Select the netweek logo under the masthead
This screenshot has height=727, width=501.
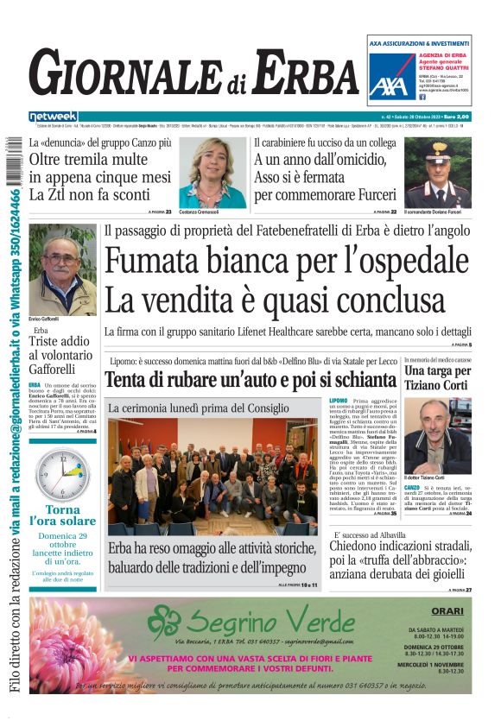[x=53, y=116]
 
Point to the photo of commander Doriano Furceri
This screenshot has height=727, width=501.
[x=438, y=171]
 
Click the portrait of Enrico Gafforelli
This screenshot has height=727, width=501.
[x=62, y=270]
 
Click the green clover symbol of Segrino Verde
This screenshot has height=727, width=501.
[x=163, y=621]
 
